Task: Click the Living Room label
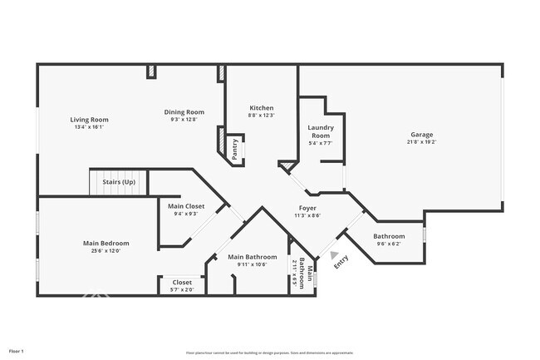pyautogui.click(x=89, y=120)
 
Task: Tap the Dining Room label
pyautogui.click(x=184, y=112)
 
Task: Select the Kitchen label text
pyautogui.click(x=262, y=108)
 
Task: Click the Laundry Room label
pyautogui.click(x=320, y=131)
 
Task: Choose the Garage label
pyautogui.click(x=421, y=135)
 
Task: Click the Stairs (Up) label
pyautogui.click(x=118, y=181)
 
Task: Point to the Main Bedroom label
pyautogui.click(x=106, y=243)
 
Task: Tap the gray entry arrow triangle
pyautogui.click(x=335, y=255)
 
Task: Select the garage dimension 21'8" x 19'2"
pyautogui.click(x=421, y=142)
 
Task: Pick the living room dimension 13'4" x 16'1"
pyautogui.click(x=89, y=127)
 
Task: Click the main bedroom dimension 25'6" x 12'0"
pyautogui.click(x=106, y=250)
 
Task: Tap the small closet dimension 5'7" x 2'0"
pyautogui.click(x=181, y=289)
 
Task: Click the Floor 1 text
pyautogui.click(x=16, y=352)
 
